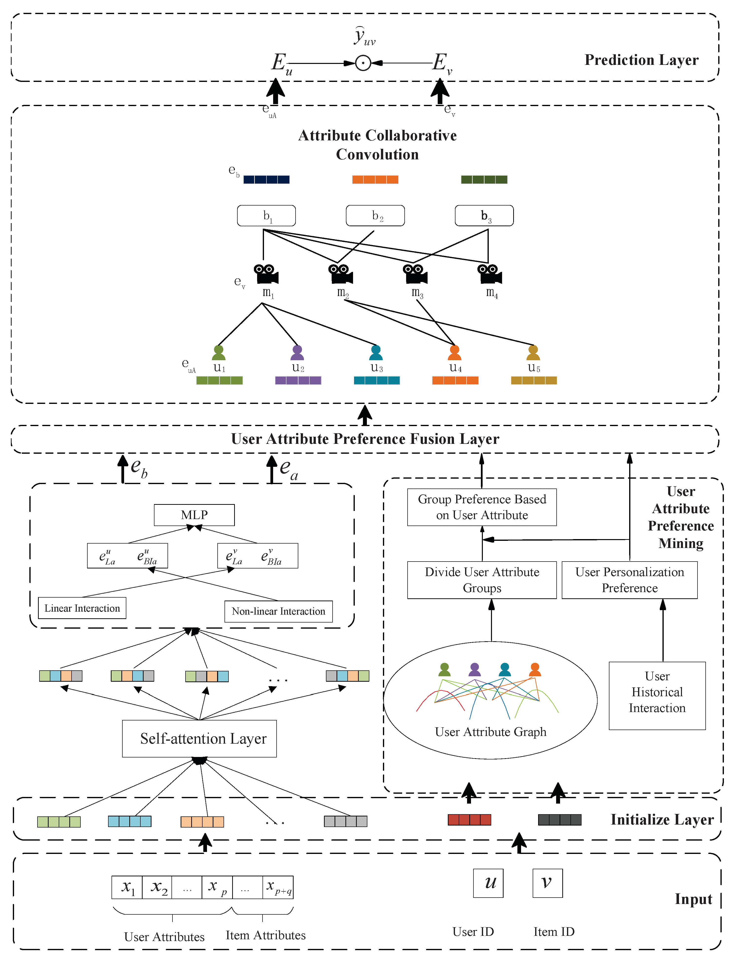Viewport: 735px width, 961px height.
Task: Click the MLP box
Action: [194, 515]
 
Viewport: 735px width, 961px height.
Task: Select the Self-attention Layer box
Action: [200, 738]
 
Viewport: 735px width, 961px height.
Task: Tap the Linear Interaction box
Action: [82, 608]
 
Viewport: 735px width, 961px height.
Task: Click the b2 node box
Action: [375, 216]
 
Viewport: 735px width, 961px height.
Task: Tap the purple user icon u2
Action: [297, 353]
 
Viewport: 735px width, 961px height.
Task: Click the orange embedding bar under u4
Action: [455, 380]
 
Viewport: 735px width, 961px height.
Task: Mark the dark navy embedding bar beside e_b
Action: [266, 179]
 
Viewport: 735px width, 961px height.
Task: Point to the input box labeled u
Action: [488, 883]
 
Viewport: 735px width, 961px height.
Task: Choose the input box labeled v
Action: [547, 883]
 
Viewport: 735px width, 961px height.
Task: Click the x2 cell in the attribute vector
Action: [157, 887]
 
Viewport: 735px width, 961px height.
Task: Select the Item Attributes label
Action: [265, 935]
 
